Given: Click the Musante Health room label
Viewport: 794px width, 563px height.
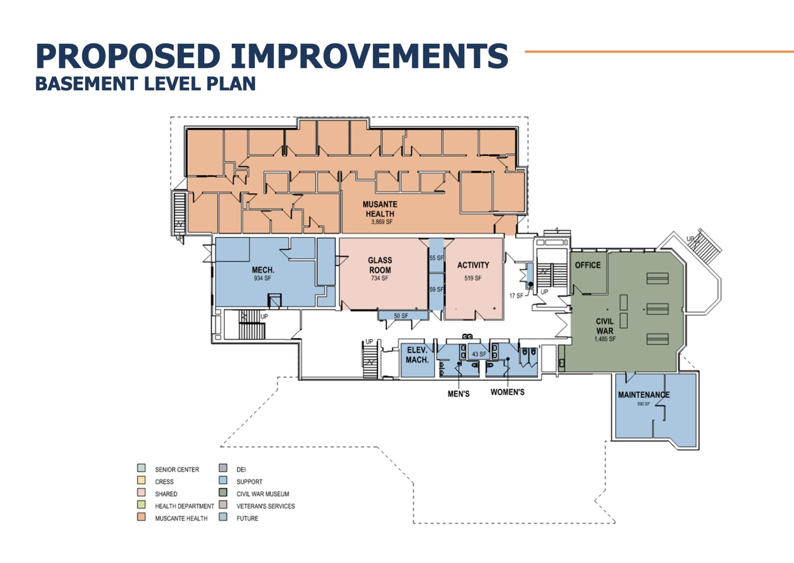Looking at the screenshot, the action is pyautogui.click(x=380, y=209).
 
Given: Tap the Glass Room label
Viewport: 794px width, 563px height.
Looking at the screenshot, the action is pyautogui.click(x=380, y=265).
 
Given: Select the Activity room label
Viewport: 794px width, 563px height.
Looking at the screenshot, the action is pyautogui.click(x=473, y=265).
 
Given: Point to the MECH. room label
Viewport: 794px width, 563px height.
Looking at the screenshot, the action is pyautogui.click(x=263, y=270).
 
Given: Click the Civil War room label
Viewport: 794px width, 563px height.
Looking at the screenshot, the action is pyautogui.click(x=605, y=326).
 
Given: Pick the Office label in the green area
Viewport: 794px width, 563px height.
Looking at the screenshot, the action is pyautogui.click(x=588, y=265).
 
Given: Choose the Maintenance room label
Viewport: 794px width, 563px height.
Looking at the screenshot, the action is pyautogui.click(x=644, y=395).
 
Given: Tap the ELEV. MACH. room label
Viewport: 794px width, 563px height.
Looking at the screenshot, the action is pyautogui.click(x=417, y=355).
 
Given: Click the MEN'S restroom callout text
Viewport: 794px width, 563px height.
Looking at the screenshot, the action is pyautogui.click(x=459, y=394).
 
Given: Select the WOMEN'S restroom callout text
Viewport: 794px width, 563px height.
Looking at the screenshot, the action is pyautogui.click(x=507, y=392).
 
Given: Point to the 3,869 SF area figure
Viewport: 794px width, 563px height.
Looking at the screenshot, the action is pyautogui.click(x=382, y=222).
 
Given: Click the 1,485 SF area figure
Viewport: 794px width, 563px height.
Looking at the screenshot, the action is pyautogui.click(x=605, y=339).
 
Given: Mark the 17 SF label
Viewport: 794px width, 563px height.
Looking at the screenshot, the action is pyautogui.click(x=516, y=296).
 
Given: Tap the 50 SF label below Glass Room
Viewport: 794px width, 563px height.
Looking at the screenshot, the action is pyautogui.click(x=401, y=316).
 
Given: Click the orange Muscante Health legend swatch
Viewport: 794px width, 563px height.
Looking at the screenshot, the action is pyautogui.click(x=141, y=517).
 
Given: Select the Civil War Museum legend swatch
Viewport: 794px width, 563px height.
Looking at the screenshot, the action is pyautogui.click(x=223, y=492).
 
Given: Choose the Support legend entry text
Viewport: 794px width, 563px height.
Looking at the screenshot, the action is pyautogui.click(x=250, y=482).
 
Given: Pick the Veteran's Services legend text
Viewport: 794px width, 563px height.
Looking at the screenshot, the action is pyautogui.click(x=266, y=506).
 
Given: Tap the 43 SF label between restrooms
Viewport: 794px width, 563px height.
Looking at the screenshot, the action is pyautogui.click(x=479, y=354).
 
